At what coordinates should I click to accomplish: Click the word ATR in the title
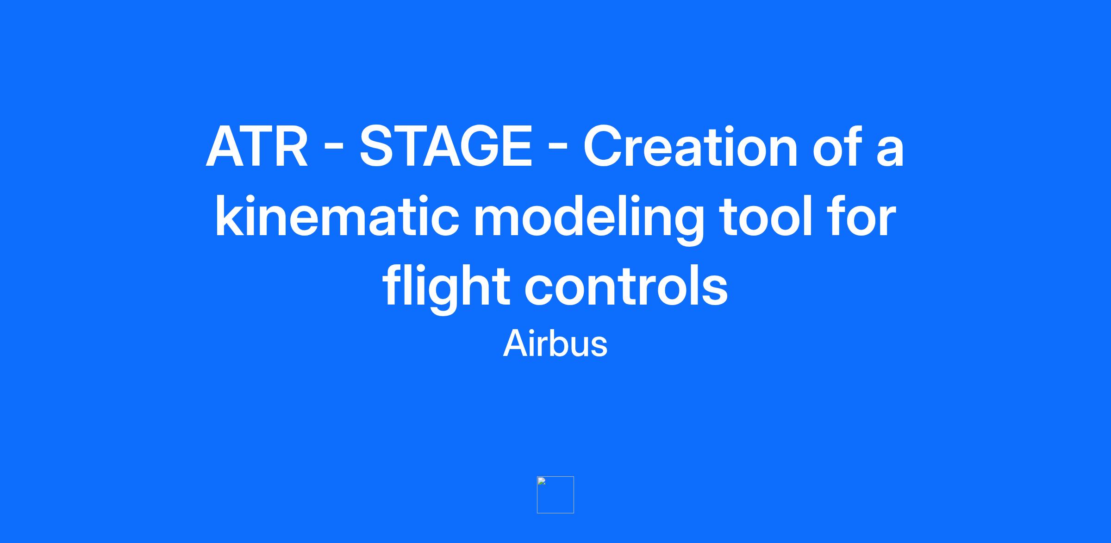(x=257, y=147)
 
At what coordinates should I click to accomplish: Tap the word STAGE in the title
(x=446, y=147)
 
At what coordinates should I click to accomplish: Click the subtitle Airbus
(x=555, y=343)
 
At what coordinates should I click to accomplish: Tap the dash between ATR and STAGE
(x=334, y=149)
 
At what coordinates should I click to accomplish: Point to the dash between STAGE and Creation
(x=557, y=149)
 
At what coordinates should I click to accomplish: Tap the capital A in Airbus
(x=516, y=343)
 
